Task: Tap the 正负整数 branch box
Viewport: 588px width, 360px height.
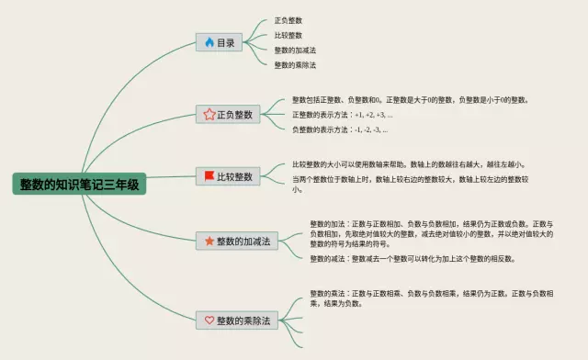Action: pos(231,115)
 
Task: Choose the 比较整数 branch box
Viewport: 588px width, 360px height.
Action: pos(231,176)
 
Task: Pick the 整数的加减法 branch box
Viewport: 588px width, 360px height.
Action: pos(235,241)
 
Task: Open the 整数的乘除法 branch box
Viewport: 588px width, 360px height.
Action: pos(235,320)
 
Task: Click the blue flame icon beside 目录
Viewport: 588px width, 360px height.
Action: pos(209,42)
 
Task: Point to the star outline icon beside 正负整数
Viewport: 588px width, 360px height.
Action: pos(209,115)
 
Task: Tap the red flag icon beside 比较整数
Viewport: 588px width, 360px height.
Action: pos(209,176)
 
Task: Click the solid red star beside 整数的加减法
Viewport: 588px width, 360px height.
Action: pos(209,241)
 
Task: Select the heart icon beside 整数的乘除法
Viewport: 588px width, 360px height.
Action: pos(209,320)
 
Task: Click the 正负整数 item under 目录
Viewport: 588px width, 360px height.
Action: pos(288,20)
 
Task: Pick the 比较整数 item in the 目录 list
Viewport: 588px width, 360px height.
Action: pos(288,35)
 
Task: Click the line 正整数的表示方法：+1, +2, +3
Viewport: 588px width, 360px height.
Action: pos(342,115)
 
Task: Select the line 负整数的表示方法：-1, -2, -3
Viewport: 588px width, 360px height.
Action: pos(339,130)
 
